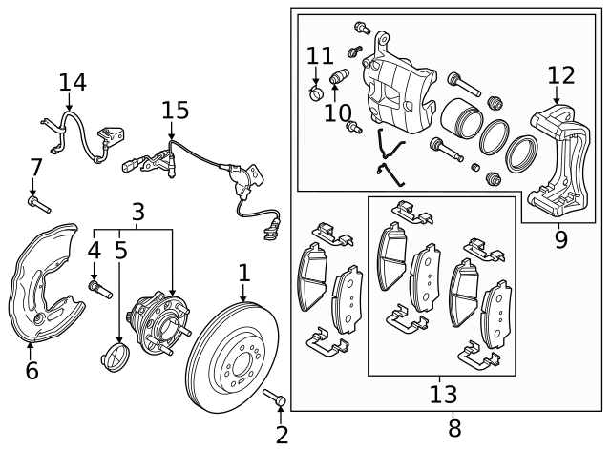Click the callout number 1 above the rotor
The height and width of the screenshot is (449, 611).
coord(243,274)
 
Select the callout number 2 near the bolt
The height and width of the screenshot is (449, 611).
coord(281,435)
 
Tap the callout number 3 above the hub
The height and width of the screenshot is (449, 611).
coord(137,211)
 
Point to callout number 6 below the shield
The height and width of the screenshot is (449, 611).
coord(31,370)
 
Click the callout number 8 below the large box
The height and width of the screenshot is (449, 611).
coord(453,428)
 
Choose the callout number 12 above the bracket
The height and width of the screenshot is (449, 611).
coord(561,75)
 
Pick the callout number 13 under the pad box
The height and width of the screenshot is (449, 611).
coord(443,393)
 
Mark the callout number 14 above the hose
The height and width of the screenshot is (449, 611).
coord(73,83)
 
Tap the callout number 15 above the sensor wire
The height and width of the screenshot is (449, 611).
coord(175,112)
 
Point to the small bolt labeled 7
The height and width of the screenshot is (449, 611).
coord(39,203)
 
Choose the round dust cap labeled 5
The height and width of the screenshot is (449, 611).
coord(115,360)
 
